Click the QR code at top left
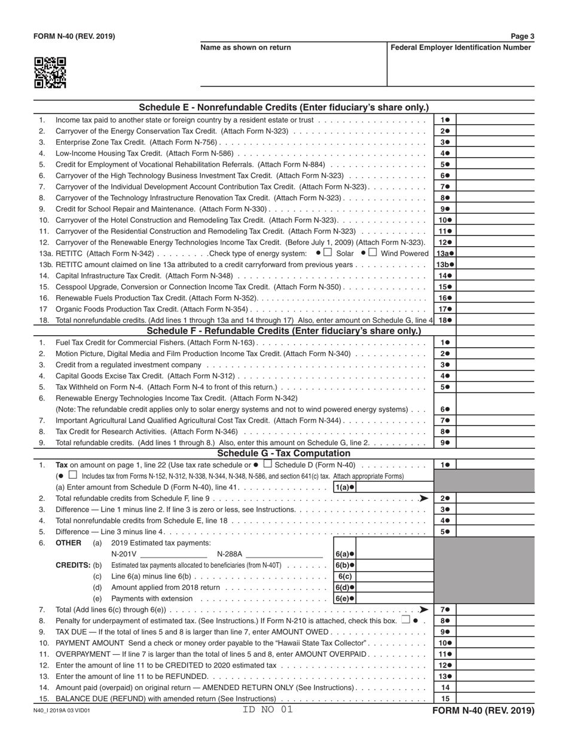pos(50,73)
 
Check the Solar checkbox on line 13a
pos(328,253)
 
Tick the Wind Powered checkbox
pos(372,253)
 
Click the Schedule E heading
pos(283,108)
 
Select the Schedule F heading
pos(283,331)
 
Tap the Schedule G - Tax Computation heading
pos(283,454)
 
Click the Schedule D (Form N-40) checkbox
pos(267,464)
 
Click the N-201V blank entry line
pos(173,554)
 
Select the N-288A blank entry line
pos(284,554)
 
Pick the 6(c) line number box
pos(344,577)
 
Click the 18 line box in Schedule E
pos(445,320)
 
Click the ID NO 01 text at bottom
pos(268,710)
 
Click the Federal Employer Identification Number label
pos(460,48)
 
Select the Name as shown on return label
pos(246,48)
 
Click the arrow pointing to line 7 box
pos(423,610)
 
